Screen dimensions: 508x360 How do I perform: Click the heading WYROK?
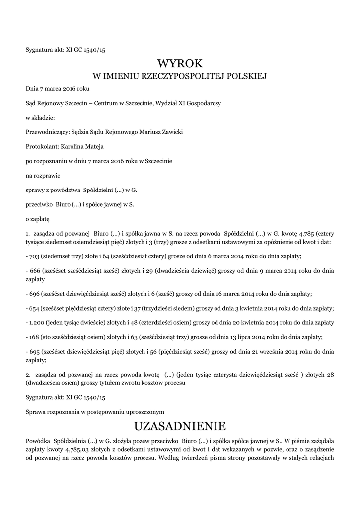click(180, 63)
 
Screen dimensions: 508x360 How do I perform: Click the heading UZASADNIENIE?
click(180, 426)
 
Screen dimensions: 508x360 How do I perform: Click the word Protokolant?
click(42, 146)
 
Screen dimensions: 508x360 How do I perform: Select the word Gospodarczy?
click(203, 103)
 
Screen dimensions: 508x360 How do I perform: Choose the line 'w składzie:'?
click(40, 118)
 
